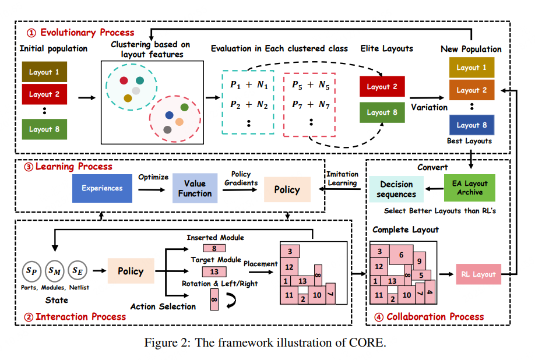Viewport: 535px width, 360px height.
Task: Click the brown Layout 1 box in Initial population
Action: pos(44,72)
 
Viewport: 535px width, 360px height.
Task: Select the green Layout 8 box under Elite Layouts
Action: pos(382,112)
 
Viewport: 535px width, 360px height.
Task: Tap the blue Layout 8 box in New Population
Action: pos(471,125)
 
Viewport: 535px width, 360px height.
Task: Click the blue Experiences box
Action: pos(102,188)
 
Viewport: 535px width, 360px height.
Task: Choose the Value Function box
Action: pos(195,188)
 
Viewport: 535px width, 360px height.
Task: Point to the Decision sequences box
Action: pos(396,189)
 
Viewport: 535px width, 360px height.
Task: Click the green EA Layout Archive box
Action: pos(470,188)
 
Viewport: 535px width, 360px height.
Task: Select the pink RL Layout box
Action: pos(478,274)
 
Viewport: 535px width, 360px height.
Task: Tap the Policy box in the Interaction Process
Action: pos(131,271)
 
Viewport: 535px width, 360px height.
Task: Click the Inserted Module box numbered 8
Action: pos(214,248)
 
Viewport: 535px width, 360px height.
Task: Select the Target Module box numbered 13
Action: pos(214,271)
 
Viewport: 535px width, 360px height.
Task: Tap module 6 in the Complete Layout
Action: pos(401,255)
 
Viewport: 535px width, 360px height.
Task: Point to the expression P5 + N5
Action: pos(310,85)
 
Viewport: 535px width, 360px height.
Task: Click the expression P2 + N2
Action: pos(248,105)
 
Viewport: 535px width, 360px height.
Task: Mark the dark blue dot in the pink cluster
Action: pos(169,115)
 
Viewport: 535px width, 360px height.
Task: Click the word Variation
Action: pos(429,107)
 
